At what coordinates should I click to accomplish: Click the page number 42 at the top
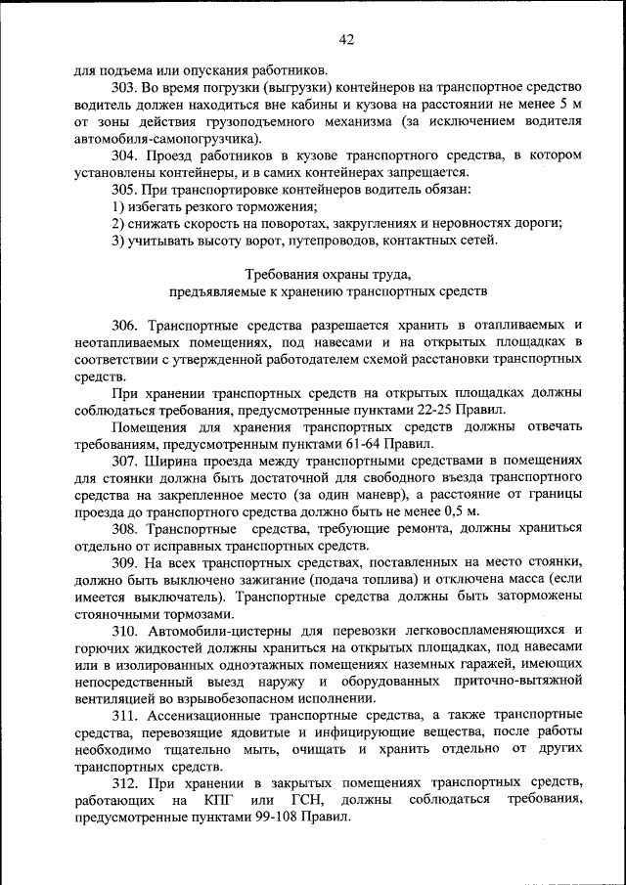point(345,40)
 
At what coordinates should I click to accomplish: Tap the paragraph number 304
point(124,155)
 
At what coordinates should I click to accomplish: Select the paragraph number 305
point(124,190)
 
